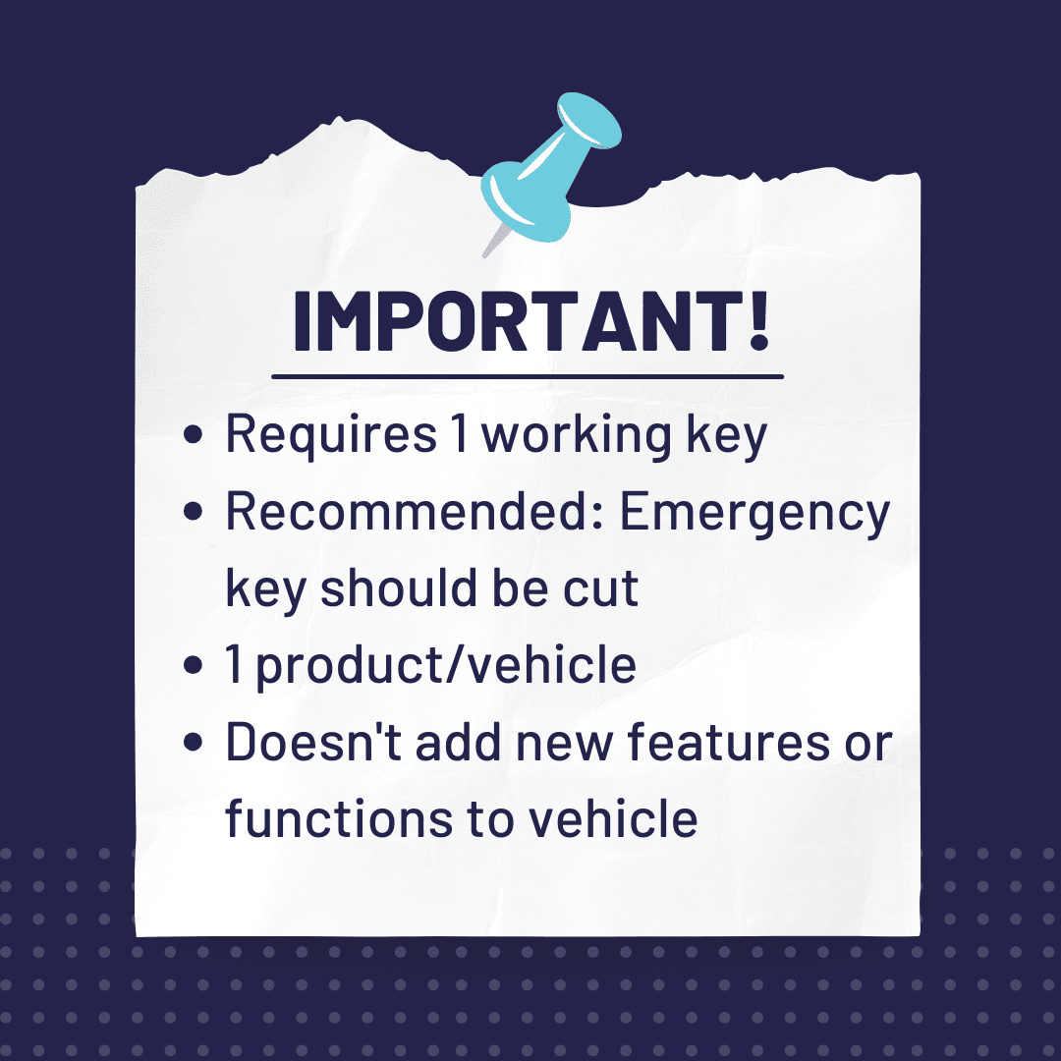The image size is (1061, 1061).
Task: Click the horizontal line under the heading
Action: pos(528,376)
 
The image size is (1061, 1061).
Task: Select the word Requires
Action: pos(331,436)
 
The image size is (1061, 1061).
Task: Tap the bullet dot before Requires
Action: pos(193,434)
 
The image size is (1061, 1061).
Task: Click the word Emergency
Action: pos(754,514)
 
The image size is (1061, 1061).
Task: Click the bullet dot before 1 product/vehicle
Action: pos(193,664)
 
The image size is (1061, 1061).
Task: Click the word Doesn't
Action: pos(314,742)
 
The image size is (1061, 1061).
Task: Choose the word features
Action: pos(728,742)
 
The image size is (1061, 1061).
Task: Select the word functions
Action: pos(339,817)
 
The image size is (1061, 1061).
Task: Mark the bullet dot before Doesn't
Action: pos(193,742)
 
